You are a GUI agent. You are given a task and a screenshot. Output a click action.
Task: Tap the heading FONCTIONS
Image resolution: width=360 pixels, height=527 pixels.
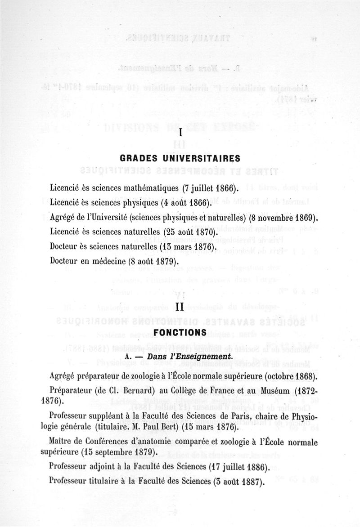pyautogui.click(x=180, y=332)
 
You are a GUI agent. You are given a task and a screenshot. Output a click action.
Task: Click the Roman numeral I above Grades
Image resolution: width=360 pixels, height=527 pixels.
pyautogui.click(x=180, y=133)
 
